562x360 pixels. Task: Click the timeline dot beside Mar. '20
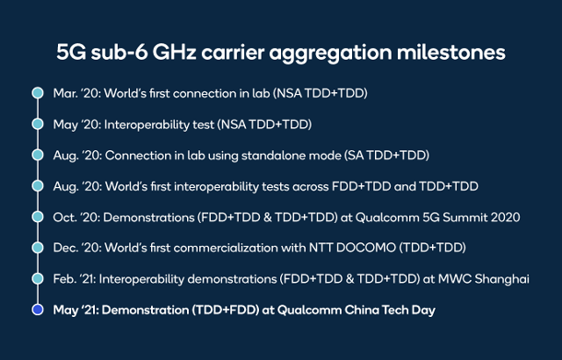point(38,93)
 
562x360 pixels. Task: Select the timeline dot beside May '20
point(38,124)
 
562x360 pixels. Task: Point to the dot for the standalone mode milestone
point(38,155)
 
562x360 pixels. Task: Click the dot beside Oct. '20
point(38,217)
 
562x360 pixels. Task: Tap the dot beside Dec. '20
point(38,248)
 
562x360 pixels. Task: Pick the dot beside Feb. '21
point(38,278)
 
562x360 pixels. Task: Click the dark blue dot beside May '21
point(38,309)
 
